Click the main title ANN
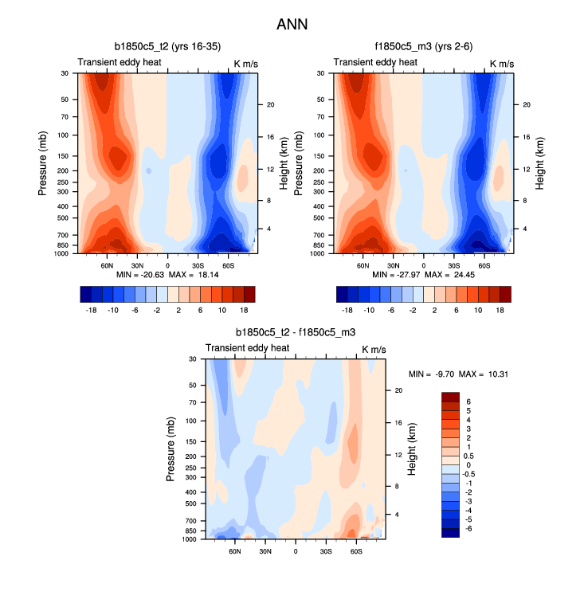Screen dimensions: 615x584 [292, 25]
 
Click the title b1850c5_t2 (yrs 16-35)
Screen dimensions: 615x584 [167, 47]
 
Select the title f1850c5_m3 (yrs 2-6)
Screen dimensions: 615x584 [423, 47]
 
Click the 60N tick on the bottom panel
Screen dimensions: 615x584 [235, 550]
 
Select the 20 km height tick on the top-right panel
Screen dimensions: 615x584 [526, 105]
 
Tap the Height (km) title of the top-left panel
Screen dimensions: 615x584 [284, 163]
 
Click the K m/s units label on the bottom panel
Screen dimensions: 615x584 [376, 348]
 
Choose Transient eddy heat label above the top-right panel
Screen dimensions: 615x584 [374, 62]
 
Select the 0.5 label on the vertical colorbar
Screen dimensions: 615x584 [469, 456]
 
